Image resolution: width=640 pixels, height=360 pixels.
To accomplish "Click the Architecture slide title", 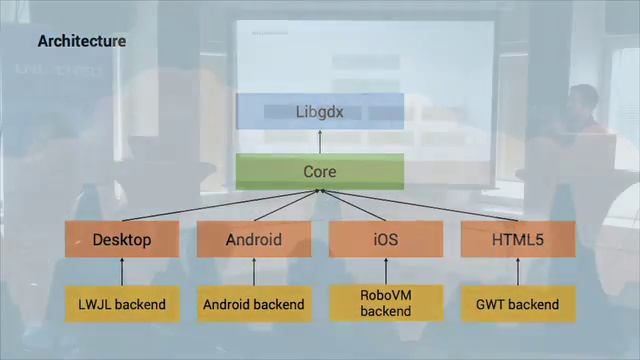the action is [x=82, y=41].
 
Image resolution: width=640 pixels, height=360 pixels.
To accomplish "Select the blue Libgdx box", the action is [x=320, y=111].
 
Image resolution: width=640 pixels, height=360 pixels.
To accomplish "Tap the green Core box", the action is [x=320, y=171].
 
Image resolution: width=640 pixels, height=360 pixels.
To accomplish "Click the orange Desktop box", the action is [x=122, y=239].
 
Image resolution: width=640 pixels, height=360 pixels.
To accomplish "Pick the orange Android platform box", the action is [x=254, y=239].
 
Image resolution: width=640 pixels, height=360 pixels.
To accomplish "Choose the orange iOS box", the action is [x=386, y=239].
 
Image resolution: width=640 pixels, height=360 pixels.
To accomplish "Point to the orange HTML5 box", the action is [x=518, y=239].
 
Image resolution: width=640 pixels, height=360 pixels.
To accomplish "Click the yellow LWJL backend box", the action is [x=122, y=304].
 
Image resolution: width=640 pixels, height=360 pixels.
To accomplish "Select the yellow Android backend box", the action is [x=254, y=304].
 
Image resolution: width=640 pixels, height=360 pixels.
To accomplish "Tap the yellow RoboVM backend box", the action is [x=386, y=303].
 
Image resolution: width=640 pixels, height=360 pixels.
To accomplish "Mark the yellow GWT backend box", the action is [x=518, y=304].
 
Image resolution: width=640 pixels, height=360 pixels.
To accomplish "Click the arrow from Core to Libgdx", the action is [x=320, y=142].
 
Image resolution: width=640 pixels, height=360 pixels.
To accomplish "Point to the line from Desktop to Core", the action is [x=220, y=205].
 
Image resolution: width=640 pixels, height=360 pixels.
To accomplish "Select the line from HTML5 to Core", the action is [x=420, y=205].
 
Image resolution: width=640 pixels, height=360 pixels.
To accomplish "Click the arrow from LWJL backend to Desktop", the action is [x=122, y=272].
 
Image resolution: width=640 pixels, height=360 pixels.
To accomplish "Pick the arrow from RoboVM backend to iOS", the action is [x=386, y=271].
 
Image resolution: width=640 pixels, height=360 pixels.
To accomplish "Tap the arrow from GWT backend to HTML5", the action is [x=518, y=272].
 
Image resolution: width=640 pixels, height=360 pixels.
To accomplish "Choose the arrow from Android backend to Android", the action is [x=254, y=272].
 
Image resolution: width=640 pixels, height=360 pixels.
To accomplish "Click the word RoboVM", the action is [x=386, y=295].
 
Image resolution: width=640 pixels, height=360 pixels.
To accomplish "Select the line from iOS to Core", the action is [x=353, y=205].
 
